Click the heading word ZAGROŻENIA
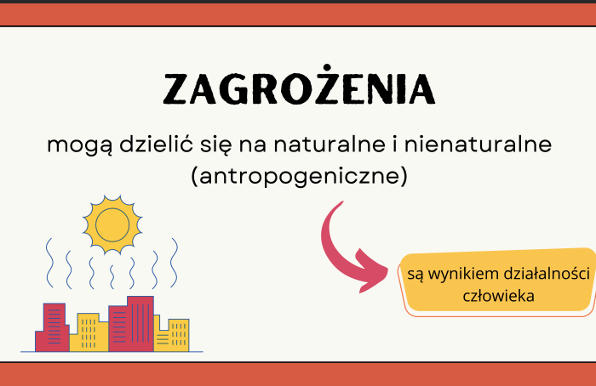click(x=298, y=89)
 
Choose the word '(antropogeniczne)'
click(x=298, y=177)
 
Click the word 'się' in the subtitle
click(x=203, y=145)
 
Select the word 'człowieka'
click(x=498, y=296)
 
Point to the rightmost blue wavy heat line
click(x=174, y=263)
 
